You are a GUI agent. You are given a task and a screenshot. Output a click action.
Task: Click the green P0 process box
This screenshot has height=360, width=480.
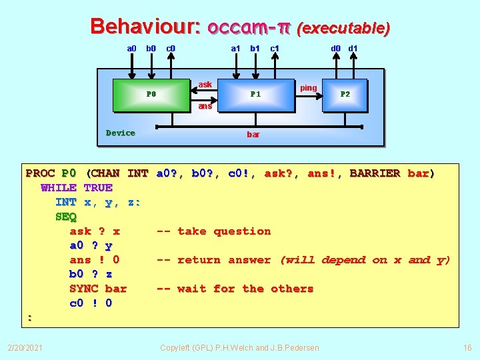tap(151, 94)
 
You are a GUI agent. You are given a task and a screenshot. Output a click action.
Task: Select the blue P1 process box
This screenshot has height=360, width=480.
tap(255, 94)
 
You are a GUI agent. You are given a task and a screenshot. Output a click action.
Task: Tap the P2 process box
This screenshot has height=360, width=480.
tap(345, 94)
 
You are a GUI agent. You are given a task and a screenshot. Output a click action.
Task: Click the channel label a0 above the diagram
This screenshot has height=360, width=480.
tap(131, 48)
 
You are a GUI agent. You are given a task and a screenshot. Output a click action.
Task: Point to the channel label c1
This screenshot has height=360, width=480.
tap(275, 48)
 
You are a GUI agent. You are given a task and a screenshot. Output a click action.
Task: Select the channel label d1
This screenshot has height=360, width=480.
tap(353, 48)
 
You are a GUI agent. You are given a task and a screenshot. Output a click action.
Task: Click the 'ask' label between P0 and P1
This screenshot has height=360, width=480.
tap(205, 85)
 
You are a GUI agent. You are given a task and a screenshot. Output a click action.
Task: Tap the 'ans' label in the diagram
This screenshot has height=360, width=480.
tap(205, 106)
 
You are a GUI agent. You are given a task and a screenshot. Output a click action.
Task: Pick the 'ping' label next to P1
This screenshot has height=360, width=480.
tap(309, 88)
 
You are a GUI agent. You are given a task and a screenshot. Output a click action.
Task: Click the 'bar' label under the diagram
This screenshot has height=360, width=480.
tap(253, 135)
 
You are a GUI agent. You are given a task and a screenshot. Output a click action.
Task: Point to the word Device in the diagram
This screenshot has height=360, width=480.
tap(121, 133)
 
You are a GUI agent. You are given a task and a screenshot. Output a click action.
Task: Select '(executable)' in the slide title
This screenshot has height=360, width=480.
tap(343, 28)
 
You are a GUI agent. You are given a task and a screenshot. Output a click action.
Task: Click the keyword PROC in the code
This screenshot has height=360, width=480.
tap(40, 173)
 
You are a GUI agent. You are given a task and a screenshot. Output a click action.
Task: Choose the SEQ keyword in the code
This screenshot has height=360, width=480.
tap(66, 217)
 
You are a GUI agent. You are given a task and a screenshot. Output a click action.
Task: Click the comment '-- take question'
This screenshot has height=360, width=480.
tap(213, 231)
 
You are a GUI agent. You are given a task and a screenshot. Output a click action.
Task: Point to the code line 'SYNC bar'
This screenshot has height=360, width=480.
tap(98, 289)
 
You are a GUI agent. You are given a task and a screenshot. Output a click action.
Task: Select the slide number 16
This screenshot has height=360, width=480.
tap(467, 347)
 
